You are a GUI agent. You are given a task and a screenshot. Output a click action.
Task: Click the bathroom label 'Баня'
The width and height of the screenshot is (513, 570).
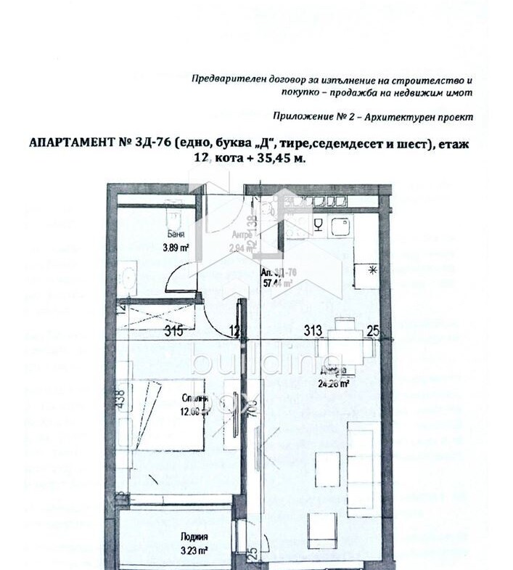[175, 235]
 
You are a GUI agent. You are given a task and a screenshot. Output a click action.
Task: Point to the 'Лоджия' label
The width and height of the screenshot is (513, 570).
[194, 537]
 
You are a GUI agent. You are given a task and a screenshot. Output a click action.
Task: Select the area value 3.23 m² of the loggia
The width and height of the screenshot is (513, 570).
[195, 550]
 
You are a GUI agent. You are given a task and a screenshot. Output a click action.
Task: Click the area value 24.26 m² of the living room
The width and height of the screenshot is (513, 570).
[332, 385]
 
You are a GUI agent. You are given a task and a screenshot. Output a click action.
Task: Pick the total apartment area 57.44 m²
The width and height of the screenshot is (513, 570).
[277, 284]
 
